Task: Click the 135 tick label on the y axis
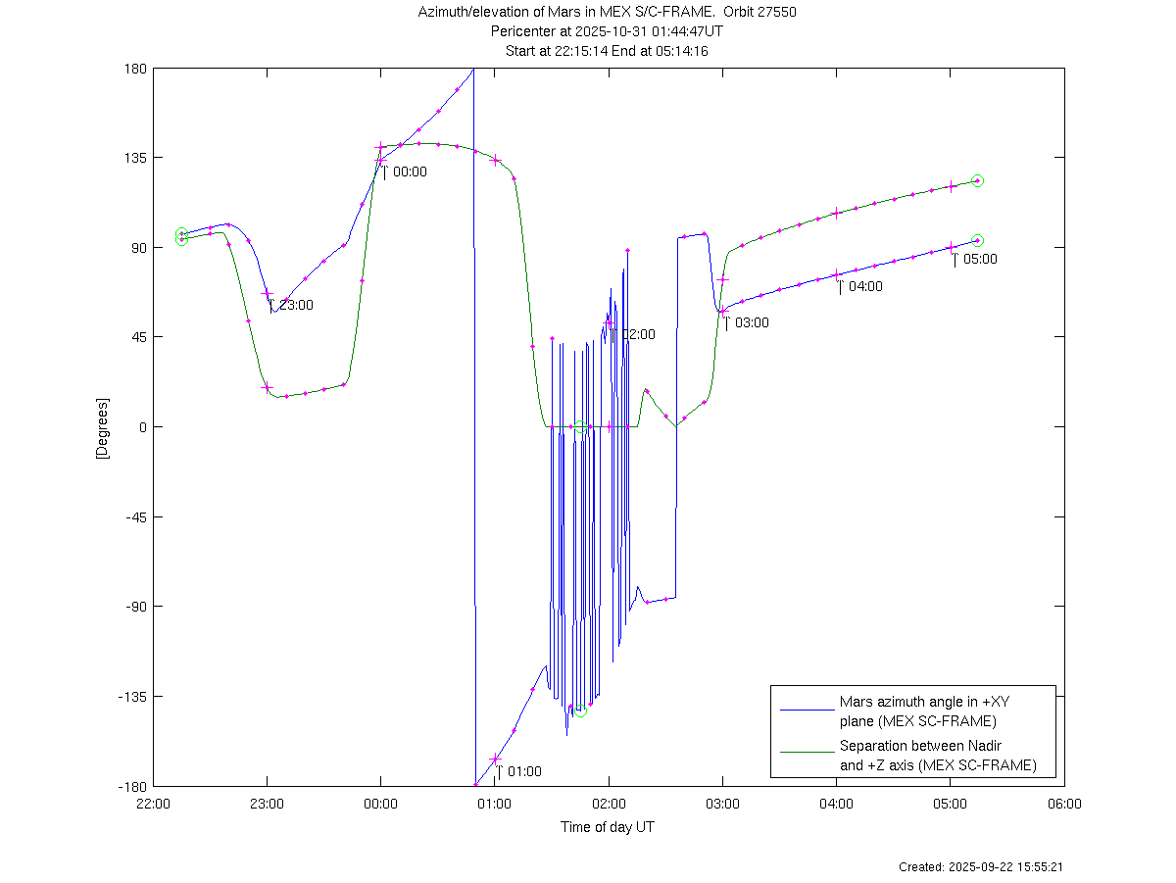pyautogui.click(x=134, y=158)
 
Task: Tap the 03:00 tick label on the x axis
pyautogui.click(x=722, y=804)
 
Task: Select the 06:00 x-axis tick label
pyautogui.click(x=1064, y=804)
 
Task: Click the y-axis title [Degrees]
pyautogui.click(x=101, y=428)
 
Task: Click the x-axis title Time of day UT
pyautogui.click(x=608, y=827)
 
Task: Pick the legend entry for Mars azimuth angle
pyautogui.click(x=917, y=711)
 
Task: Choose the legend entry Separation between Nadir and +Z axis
pyautogui.click(x=937, y=756)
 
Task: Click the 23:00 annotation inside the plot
pyautogui.click(x=296, y=306)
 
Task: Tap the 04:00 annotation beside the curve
pyautogui.click(x=865, y=287)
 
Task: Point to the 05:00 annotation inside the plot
pyautogui.click(x=980, y=260)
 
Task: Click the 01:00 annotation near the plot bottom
pyautogui.click(x=524, y=772)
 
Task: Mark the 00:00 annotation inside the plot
pyautogui.click(x=410, y=172)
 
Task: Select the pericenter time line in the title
pyautogui.click(x=607, y=31)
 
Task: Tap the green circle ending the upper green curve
pyautogui.click(x=977, y=181)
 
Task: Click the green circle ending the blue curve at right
pyautogui.click(x=977, y=240)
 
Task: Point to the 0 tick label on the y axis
pyautogui.click(x=141, y=427)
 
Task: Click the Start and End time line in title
pyautogui.click(x=607, y=50)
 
